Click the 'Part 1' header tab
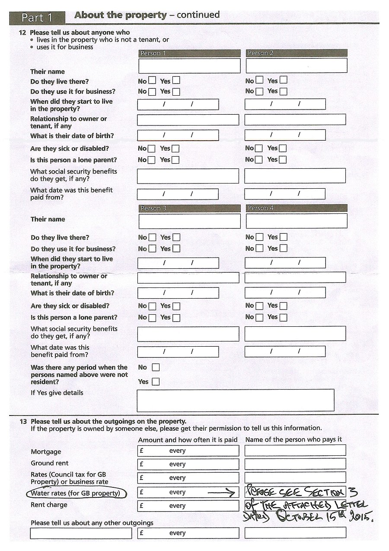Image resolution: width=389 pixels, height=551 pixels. point(37,17)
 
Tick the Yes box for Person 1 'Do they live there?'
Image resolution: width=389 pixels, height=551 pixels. point(176,81)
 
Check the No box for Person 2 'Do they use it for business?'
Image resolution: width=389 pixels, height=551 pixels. point(259,91)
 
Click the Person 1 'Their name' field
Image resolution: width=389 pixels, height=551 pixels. point(189,66)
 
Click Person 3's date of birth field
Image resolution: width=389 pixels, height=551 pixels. point(178,293)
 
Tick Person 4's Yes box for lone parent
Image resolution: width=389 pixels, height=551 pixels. point(283,317)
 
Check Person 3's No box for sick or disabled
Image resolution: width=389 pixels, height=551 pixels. point(152,306)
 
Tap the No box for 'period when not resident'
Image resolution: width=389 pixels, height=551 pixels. point(156,367)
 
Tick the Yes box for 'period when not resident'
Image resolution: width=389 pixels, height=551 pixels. point(156,382)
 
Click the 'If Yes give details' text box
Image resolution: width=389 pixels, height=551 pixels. point(235,400)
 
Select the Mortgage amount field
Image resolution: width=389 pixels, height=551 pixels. point(188,451)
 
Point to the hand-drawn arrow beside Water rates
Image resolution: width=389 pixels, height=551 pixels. point(222,493)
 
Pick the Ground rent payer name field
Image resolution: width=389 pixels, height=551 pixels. point(295,464)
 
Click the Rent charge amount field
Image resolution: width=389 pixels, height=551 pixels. point(188,506)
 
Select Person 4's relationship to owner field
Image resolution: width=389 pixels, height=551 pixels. point(295,277)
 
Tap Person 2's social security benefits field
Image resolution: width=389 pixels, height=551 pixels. point(295,176)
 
